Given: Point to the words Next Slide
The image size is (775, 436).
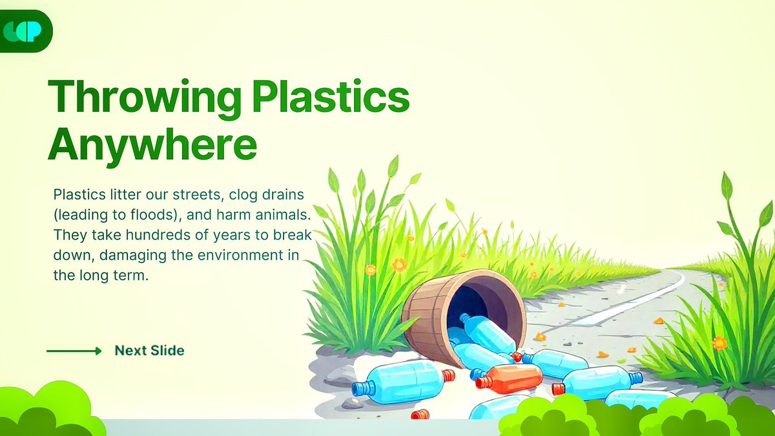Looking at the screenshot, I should point(149,351).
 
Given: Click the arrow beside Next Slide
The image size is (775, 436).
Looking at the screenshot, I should point(74,351).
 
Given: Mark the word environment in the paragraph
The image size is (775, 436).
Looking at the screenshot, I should point(245,254).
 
